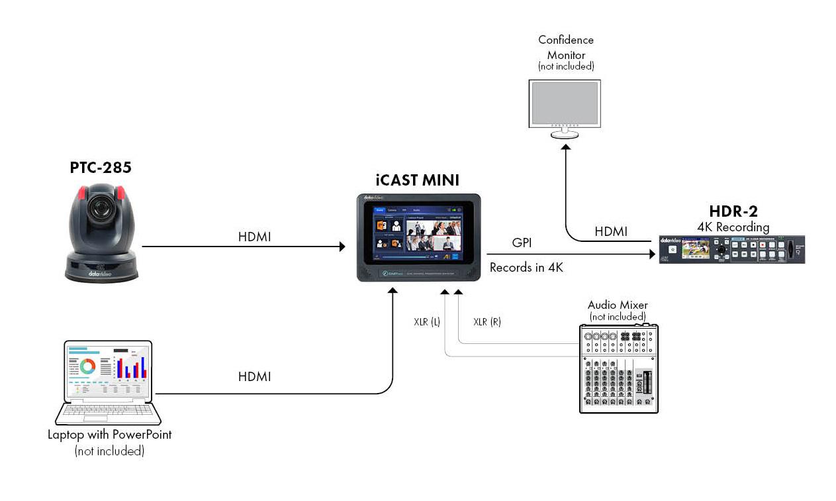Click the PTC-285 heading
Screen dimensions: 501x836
tap(101, 168)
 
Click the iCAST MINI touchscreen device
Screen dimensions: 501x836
tap(418, 237)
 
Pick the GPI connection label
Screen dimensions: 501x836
tap(522, 243)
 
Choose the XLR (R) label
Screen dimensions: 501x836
tap(487, 323)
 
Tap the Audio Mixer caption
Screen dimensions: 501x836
tap(617, 305)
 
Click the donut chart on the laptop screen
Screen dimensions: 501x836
tap(87, 366)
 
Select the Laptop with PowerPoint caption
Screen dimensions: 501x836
tap(109, 435)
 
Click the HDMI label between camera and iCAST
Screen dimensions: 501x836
tap(255, 237)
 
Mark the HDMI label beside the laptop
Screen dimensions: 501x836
tap(255, 377)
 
